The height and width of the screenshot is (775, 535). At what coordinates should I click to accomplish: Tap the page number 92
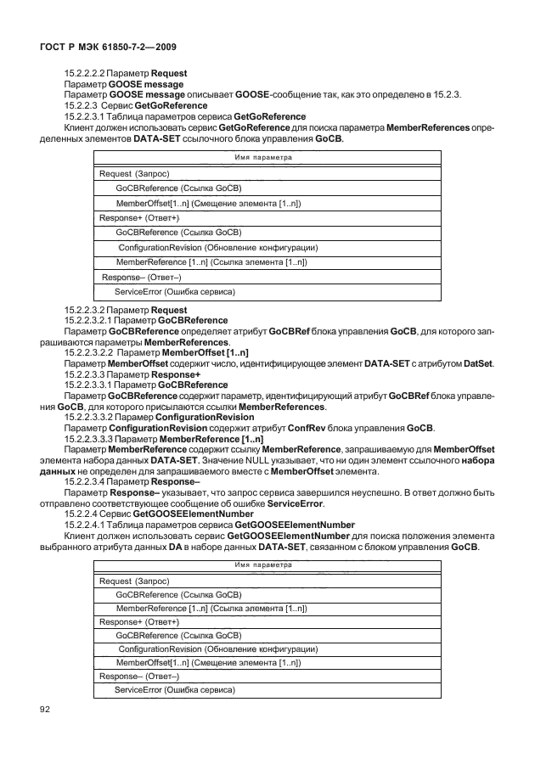[x=45, y=709]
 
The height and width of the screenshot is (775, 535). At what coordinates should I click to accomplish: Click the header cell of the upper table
[x=261, y=159]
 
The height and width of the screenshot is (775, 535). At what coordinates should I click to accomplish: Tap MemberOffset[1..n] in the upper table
[x=208, y=205]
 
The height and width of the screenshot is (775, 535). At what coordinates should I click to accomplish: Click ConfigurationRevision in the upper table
[x=217, y=247]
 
